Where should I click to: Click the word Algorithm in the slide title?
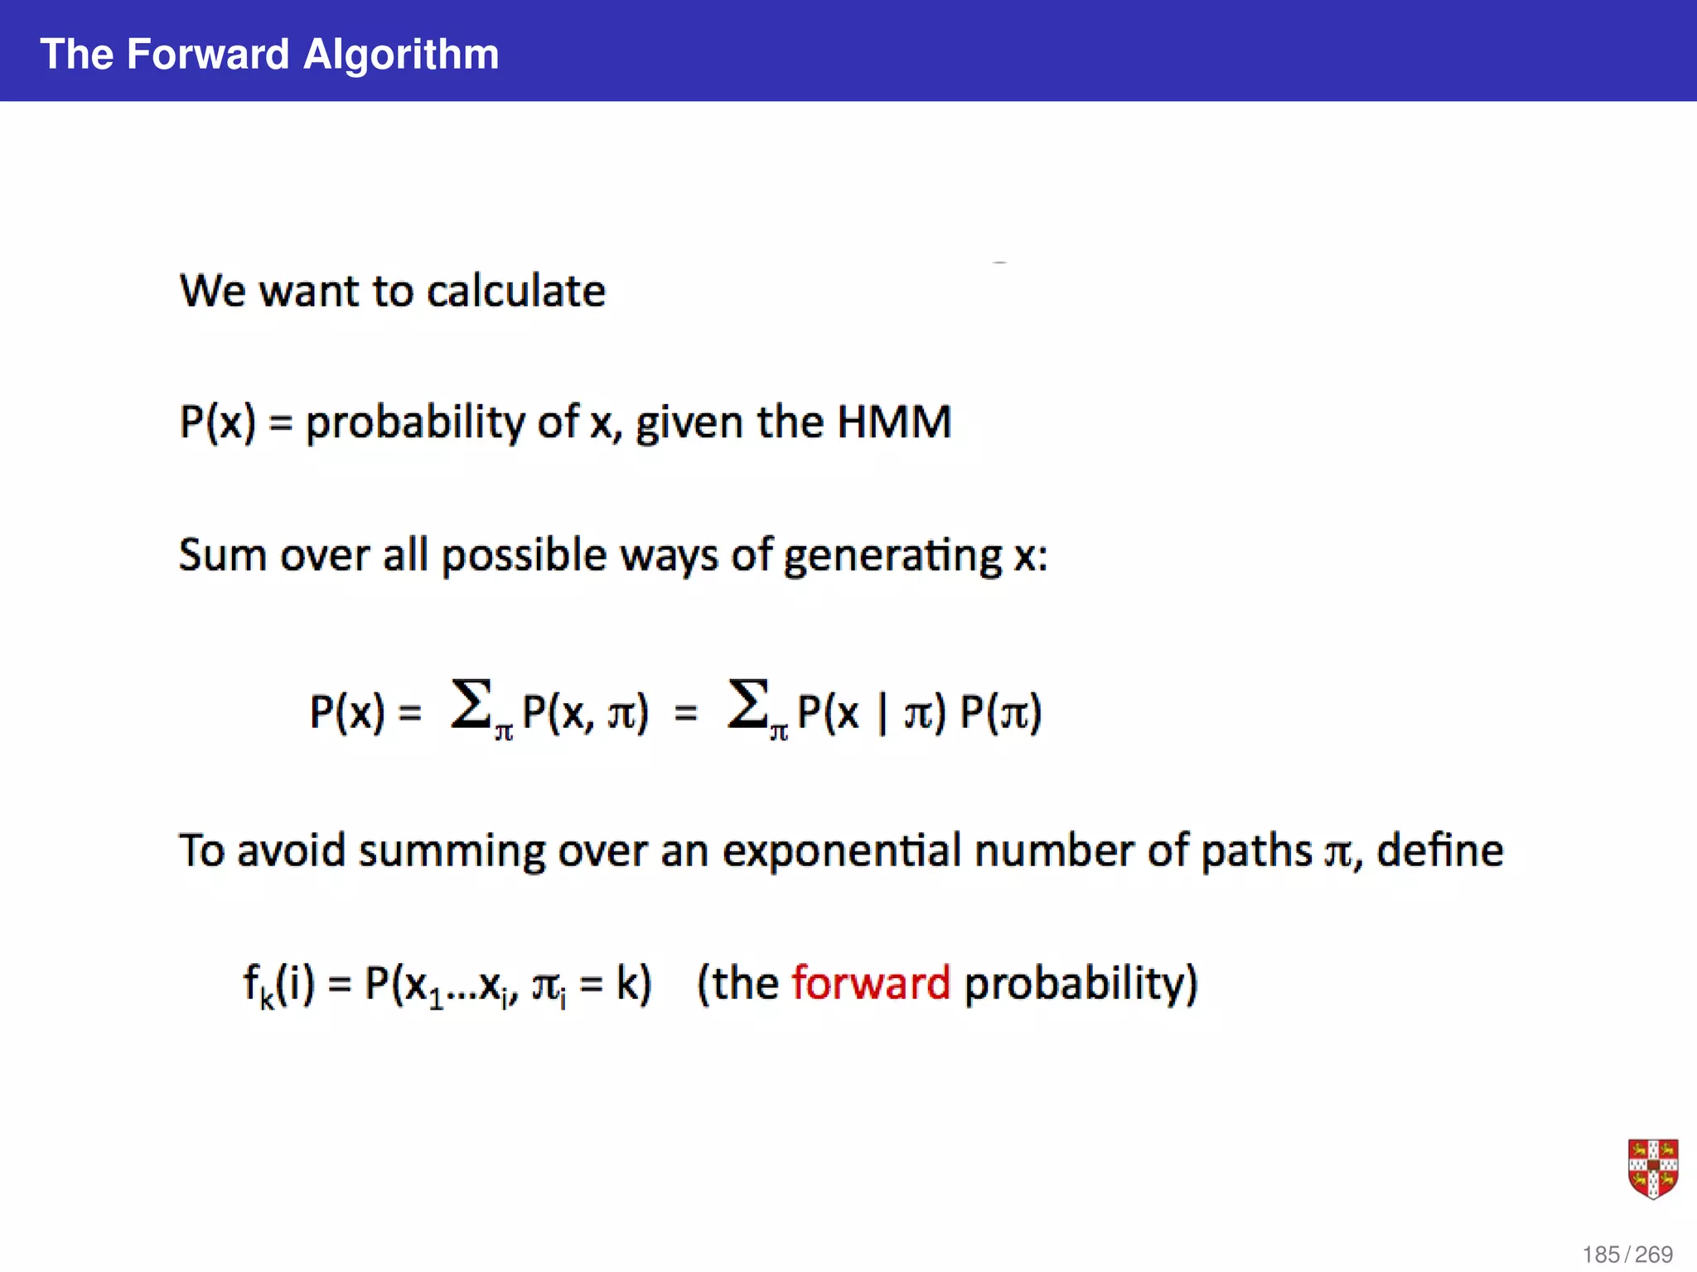click(401, 55)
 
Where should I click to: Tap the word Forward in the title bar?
click(208, 55)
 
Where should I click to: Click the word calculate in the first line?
click(515, 291)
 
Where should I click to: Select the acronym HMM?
click(893, 422)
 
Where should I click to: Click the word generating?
click(893, 556)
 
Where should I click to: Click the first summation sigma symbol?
click(471, 706)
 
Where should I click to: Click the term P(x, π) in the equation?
click(585, 712)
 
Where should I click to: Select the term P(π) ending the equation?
click(1000, 712)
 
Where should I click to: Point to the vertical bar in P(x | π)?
click(882, 712)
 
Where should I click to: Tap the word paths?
click(1256, 851)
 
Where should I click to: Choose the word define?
click(1439, 851)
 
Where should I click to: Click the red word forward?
click(870, 984)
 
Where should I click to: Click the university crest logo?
click(1653, 1168)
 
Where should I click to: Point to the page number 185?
click(1601, 1255)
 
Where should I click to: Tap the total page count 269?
click(1654, 1255)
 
